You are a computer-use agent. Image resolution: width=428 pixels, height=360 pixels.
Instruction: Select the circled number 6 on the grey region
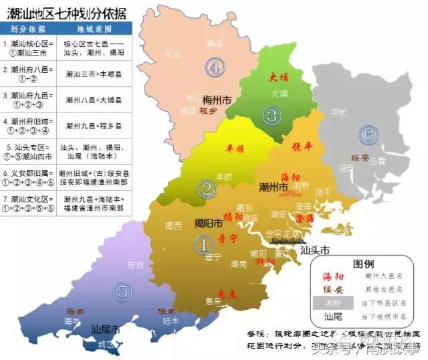click(x=367, y=134)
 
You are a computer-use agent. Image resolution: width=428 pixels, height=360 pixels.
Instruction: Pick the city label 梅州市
click(x=217, y=100)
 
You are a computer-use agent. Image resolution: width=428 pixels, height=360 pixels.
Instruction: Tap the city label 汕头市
click(x=316, y=250)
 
